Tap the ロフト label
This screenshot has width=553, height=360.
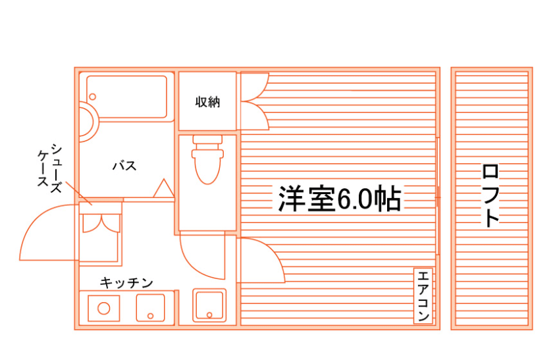490,195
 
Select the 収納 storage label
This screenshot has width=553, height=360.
207,103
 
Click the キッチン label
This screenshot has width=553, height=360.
126,283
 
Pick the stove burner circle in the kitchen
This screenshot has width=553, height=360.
103,307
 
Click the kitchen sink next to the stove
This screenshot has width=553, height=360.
150,307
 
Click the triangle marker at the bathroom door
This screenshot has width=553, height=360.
162,188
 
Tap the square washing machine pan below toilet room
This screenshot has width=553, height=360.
209,305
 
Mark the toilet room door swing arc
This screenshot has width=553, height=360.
201,257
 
